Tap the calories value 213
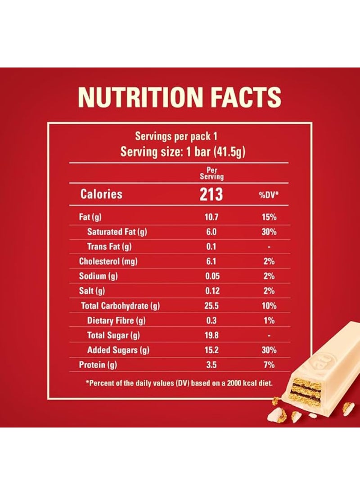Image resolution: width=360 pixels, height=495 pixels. [x=211, y=194]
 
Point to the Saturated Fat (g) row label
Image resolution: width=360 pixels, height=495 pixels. [x=117, y=232]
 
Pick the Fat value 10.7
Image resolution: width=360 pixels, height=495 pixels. [x=211, y=218]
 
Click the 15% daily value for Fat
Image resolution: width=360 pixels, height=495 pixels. [x=269, y=218]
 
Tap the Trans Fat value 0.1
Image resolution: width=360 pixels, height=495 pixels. [x=211, y=247]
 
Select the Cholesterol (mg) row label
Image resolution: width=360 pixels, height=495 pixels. [x=108, y=261]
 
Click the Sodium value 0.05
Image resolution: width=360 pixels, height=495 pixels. [x=211, y=276]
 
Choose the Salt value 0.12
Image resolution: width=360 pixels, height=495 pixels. [x=211, y=291]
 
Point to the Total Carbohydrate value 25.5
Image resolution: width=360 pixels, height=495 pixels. [x=211, y=306]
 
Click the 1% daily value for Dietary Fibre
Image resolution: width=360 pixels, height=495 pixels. [x=269, y=321]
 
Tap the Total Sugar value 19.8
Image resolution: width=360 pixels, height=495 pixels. [x=211, y=335]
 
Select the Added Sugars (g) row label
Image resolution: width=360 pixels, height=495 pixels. [x=118, y=350]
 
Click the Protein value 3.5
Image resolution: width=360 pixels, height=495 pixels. [x=211, y=365]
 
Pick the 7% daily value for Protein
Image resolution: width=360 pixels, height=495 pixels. [x=269, y=365]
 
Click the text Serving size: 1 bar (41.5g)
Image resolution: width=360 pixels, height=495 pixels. [x=183, y=152]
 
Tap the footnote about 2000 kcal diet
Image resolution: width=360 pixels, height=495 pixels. [x=179, y=383]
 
